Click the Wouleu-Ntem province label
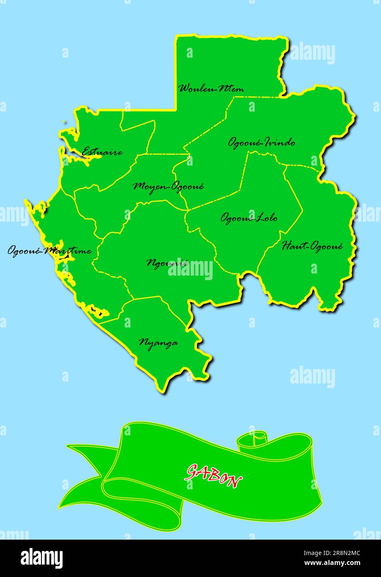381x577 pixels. [x=211, y=88]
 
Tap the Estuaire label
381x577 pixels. [x=102, y=152]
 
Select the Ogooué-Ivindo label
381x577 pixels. [x=262, y=142]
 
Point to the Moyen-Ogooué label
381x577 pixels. [x=168, y=186]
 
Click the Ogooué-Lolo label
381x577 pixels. [x=249, y=218]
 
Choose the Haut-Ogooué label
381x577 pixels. [x=312, y=246]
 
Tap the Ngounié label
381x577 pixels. [x=167, y=263]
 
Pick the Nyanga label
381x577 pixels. [x=158, y=342]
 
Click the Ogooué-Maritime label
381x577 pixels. [x=49, y=251]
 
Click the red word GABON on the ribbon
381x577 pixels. [x=214, y=475]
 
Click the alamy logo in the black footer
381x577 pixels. [x=42, y=558]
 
